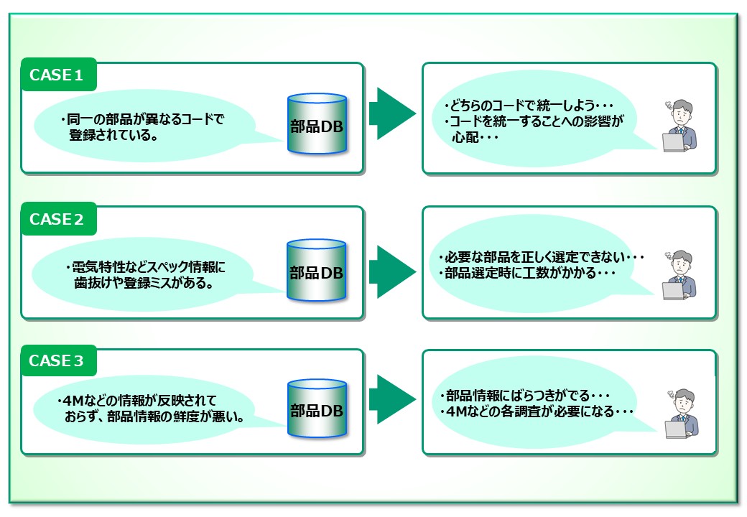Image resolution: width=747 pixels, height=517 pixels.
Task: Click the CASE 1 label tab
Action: point(58,75)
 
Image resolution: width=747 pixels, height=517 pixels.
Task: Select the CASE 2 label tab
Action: point(58,220)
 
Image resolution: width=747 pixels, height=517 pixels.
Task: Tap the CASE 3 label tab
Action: point(58,361)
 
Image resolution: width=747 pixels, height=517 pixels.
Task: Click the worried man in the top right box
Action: point(678,126)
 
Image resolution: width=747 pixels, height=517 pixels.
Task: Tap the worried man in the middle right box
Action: point(678,274)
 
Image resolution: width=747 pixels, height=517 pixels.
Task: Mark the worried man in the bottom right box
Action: point(679,414)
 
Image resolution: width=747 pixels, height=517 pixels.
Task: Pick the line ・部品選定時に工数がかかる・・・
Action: point(528,274)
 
